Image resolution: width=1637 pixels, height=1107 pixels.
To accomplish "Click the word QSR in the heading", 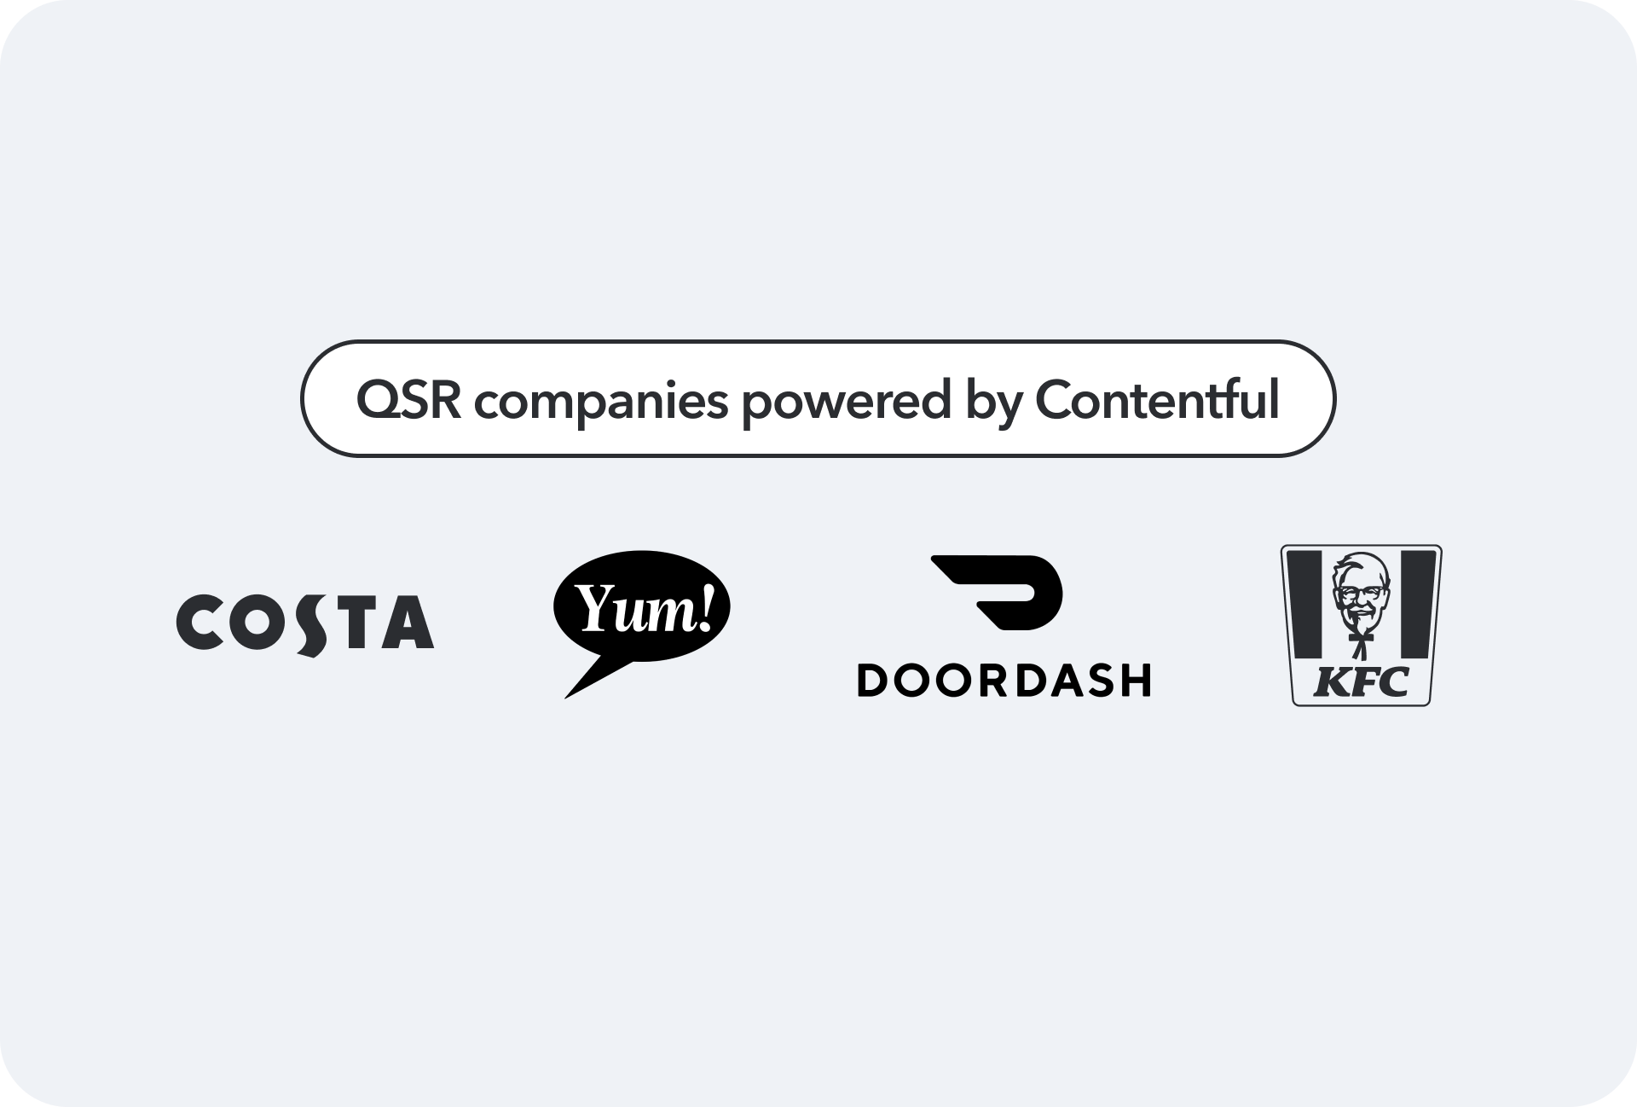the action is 408,399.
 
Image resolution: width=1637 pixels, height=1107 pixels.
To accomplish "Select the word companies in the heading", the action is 601,401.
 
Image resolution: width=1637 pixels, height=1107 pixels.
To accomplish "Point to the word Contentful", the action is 1157,399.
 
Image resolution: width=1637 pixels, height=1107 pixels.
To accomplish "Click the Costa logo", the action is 305,623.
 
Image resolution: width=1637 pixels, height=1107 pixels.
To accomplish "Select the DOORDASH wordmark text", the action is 1004,681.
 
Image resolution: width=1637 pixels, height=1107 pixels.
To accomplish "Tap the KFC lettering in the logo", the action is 1361,682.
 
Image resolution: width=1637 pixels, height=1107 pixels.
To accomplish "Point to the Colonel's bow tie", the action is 1362,635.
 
